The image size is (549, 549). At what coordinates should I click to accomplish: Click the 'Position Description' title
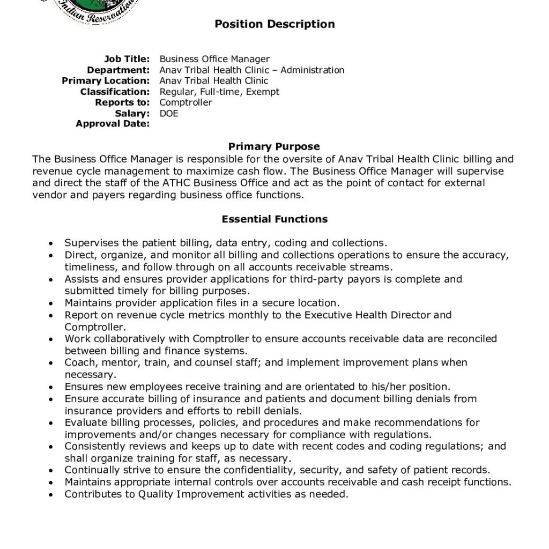click(x=274, y=24)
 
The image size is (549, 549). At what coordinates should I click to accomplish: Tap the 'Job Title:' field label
click(x=127, y=59)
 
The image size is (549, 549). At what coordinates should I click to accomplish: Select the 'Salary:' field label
click(x=132, y=113)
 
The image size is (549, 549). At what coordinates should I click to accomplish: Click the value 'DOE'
click(x=169, y=113)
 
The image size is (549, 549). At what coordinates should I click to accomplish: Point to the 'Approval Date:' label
click(x=113, y=124)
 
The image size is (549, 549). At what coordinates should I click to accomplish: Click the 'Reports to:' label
click(x=122, y=102)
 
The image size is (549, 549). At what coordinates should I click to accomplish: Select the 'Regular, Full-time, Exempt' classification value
click(x=219, y=92)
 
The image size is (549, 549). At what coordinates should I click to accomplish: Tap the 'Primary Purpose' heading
click(x=274, y=146)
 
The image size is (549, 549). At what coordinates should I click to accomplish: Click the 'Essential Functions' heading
click(x=274, y=219)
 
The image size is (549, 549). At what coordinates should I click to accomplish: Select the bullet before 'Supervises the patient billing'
click(x=50, y=243)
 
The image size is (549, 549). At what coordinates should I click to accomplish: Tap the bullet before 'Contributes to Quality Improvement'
click(x=50, y=495)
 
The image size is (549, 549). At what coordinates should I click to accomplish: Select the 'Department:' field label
click(x=118, y=70)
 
